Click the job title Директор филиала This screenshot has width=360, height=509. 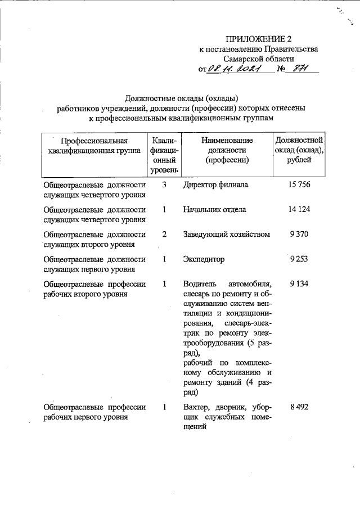tap(215, 185)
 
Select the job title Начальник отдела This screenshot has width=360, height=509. tap(214, 210)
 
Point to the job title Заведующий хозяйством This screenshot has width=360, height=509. tap(227, 235)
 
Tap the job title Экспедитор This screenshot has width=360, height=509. tap(204, 259)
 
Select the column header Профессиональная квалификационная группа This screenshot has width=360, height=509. tap(94, 145)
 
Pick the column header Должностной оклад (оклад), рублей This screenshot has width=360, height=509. tap(298, 150)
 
